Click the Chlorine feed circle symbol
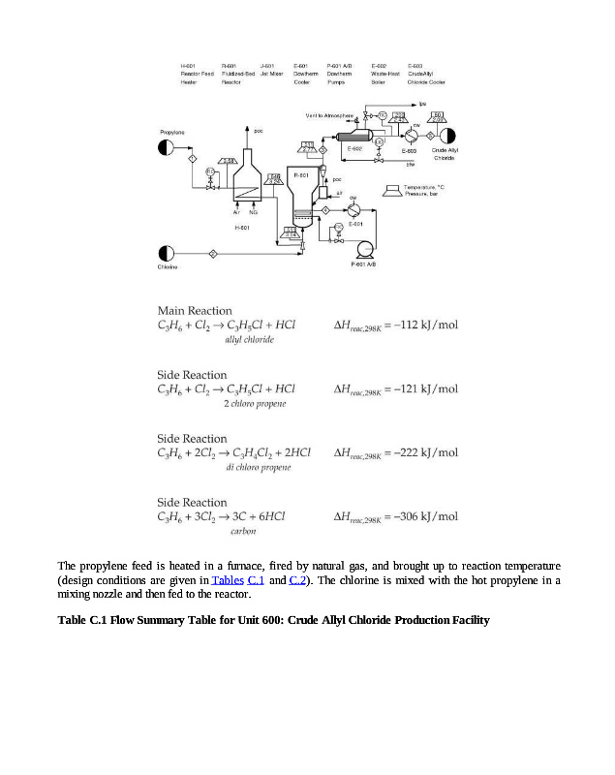click(x=167, y=254)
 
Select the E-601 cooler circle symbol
click(x=354, y=209)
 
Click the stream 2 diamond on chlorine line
click(x=213, y=254)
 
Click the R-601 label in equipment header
click(x=230, y=66)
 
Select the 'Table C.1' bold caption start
click(x=82, y=620)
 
